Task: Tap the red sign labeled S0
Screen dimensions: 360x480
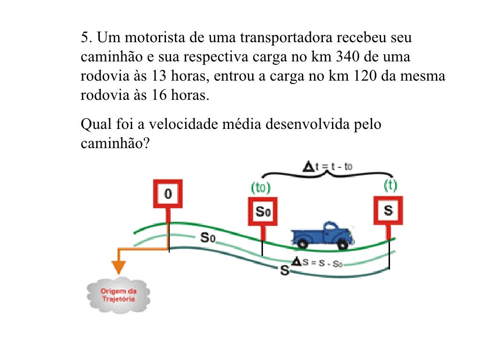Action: point(262,211)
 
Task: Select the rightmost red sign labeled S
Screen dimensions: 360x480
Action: point(388,210)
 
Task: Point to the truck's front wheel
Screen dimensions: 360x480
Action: point(344,244)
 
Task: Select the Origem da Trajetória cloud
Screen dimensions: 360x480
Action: point(118,295)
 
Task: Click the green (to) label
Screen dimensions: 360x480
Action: point(261,188)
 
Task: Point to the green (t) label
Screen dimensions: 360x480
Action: point(390,186)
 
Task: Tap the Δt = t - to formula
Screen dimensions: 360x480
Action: point(329,165)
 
